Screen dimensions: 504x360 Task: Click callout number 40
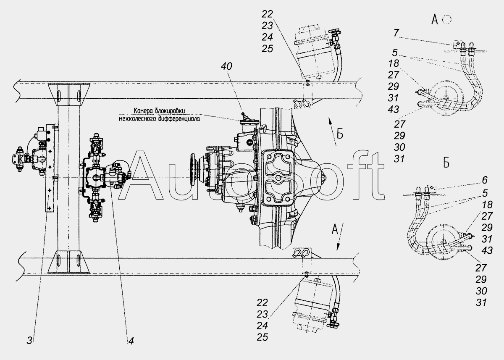[226, 66]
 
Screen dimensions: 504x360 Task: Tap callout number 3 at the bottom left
[29, 341]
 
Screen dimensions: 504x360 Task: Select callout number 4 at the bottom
[131, 341]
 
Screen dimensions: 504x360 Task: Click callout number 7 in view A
[396, 33]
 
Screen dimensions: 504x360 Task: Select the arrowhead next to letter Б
[329, 121]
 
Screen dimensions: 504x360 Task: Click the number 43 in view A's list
[393, 109]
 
